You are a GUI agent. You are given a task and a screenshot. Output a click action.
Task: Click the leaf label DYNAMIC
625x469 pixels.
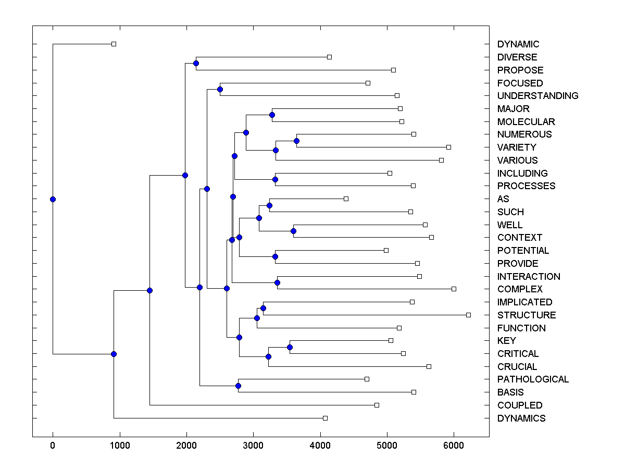pyautogui.click(x=518, y=44)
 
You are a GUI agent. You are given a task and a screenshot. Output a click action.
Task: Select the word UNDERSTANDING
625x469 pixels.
pyautogui.click(x=537, y=96)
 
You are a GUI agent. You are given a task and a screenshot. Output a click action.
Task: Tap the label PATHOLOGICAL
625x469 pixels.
pyautogui.click(x=533, y=379)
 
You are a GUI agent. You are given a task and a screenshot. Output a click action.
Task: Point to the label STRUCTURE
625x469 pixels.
pyautogui.click(x=527, y=315)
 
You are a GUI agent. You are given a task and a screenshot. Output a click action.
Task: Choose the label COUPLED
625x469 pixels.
pyautogui.click(x=520, y=405)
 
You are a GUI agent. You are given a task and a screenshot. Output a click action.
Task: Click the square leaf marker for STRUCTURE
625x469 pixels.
pyautogui.click(x=468, y=315)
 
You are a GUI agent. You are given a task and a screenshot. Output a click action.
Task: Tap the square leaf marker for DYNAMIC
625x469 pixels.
pyautogui.click(x=114, y=44)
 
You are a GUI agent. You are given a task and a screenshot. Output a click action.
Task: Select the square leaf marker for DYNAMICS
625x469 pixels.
pyautogui.click(x=325, y=418)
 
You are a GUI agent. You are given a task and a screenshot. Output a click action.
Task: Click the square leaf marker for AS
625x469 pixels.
pyautogui.click(x=346, y=199)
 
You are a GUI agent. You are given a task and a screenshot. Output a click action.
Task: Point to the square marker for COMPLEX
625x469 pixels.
pyautogui.click(x=454, y=289)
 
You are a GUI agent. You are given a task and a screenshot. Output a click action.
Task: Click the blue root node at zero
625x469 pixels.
pyautogui.click(x=53, y=199)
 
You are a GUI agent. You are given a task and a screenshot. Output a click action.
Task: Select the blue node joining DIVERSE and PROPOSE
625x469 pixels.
pyautogui.click(x=196, y=64)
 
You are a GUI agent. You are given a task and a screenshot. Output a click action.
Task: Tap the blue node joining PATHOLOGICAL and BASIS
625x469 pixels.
pyautogui.click(x=238, y=386)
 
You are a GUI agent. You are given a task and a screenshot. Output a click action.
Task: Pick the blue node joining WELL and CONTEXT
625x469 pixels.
pyautogui.click(x=293, y=231)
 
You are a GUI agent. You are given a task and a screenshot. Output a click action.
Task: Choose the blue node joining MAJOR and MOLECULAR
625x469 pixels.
pyautogui.click(x=272, y=115)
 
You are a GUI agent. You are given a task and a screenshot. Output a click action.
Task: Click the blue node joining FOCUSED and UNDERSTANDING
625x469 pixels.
pyautogui.click(x=220, y=90)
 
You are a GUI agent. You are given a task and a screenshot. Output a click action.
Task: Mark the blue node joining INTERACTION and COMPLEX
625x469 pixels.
pyautogui.click(x=277, y=282)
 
